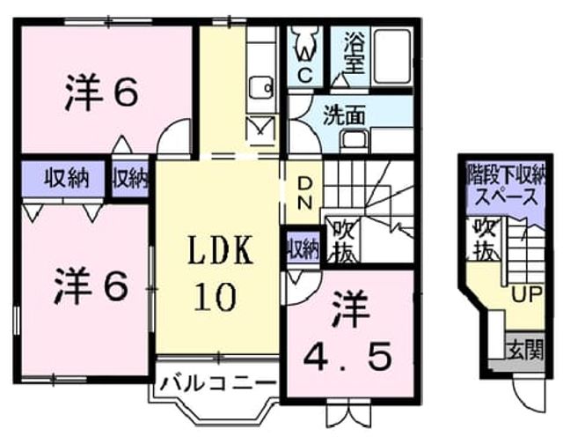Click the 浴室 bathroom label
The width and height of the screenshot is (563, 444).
355,53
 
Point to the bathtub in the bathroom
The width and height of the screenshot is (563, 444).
391,56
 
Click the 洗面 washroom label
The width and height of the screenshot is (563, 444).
344,115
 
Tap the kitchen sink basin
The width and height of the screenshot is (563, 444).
261,87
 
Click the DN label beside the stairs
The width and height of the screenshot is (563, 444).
305,194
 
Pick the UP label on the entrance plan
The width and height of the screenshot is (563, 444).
526,295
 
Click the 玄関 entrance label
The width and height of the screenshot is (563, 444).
525,348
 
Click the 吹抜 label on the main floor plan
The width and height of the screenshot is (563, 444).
344,241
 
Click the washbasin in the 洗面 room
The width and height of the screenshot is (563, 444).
355,138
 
